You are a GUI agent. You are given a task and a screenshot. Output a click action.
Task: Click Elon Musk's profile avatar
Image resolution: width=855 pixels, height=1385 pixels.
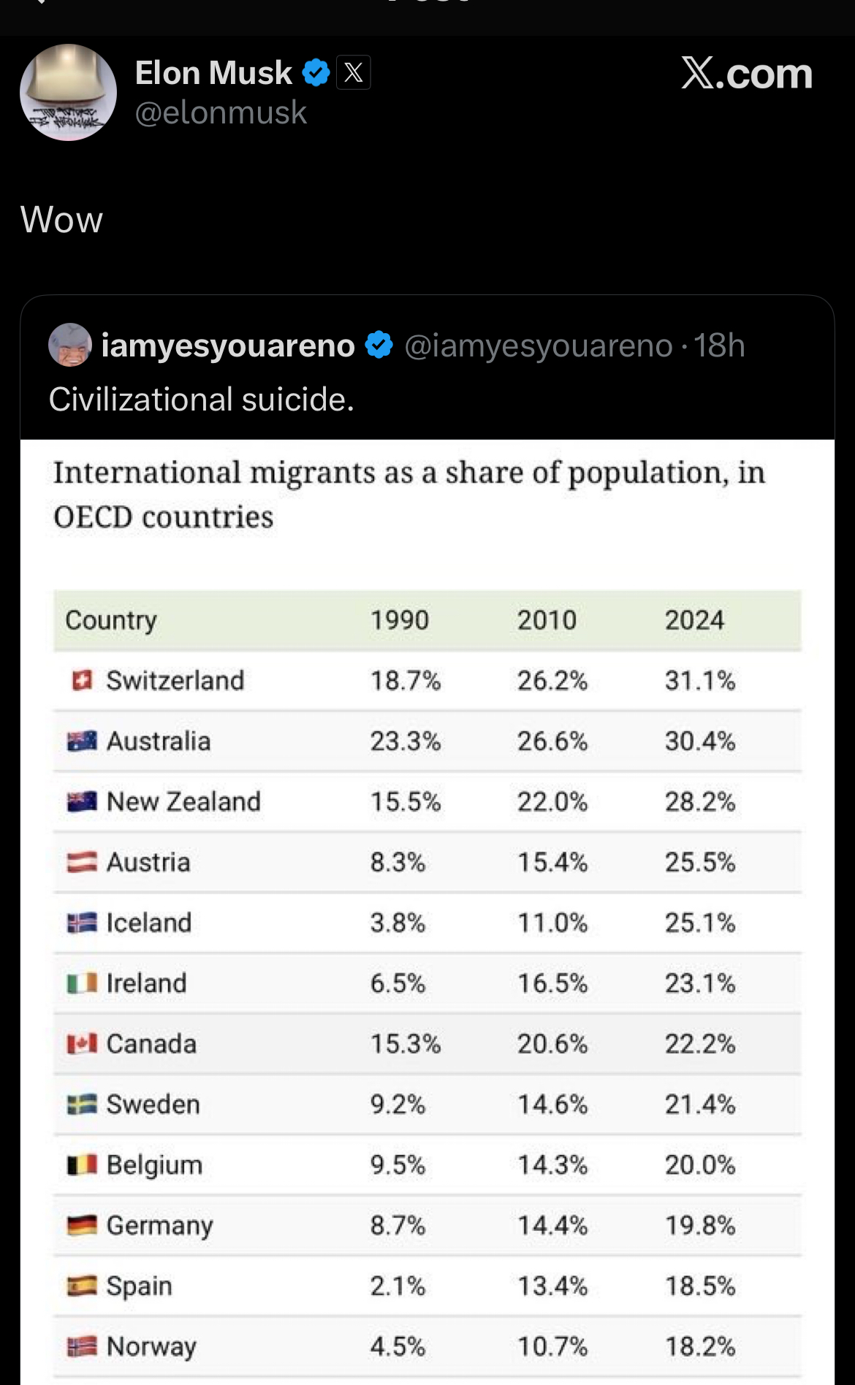pyautogui.click(x=68, y=92)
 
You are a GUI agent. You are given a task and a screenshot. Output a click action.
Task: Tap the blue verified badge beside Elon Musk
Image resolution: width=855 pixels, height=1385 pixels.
pyautogui.click(x=316, y=72)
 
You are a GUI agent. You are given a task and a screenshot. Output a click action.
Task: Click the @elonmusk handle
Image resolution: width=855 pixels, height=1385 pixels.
pyautogui.click(x=221, y=112)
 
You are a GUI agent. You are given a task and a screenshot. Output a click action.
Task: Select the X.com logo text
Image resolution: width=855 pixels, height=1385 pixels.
pyautogui.click(x=746, y=73)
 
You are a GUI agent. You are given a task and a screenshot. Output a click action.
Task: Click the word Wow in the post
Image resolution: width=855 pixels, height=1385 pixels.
pyautogui.click(x=61, y=220)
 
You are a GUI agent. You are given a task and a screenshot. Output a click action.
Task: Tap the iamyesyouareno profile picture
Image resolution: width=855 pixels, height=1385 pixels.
pyautogui.click(x=70, y=345)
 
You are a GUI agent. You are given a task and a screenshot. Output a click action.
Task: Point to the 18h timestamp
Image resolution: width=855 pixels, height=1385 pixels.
pyautogui.click(x=719, y=346)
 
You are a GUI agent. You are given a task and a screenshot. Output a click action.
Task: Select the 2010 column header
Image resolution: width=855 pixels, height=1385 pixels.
pyautogui.click(x=547, y=620)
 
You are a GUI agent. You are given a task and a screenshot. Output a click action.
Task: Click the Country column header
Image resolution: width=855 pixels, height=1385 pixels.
pyautogui.click(x=111, y=620)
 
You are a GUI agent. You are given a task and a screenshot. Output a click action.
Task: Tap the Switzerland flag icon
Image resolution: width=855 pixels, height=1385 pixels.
pyautogui.click(x=82, y=681)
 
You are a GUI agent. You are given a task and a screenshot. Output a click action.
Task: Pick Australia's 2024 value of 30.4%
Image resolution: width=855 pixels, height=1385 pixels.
pyautogui.click(x=699, y=741)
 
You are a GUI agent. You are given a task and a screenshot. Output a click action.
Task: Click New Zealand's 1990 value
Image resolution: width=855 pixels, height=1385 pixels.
pyautogui.click(x=405, y=802)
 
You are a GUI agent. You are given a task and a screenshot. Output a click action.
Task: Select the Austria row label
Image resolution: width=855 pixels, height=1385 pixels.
pyautogui.click(x=148, y=863)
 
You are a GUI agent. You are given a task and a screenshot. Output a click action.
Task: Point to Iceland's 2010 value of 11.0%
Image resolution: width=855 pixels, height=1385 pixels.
pyautogui.click(x=552, y=923)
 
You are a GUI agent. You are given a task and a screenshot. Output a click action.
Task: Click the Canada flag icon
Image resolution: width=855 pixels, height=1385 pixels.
pyautogui.click(x=82, y=1044)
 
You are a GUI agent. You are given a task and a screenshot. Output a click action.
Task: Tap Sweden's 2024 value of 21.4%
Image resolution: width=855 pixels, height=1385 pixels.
pyautogui.click(x=699, y=1104)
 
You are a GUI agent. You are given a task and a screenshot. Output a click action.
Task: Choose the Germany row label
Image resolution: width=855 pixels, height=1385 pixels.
pyautogui.click(x=160, y=1226)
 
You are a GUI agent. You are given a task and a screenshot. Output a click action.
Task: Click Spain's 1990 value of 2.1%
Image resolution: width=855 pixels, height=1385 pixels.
pyautogui.click(x=397, y=1286)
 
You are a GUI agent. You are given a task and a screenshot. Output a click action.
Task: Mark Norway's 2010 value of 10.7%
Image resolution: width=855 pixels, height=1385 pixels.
pyautogui.click(x=552, y=1346)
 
